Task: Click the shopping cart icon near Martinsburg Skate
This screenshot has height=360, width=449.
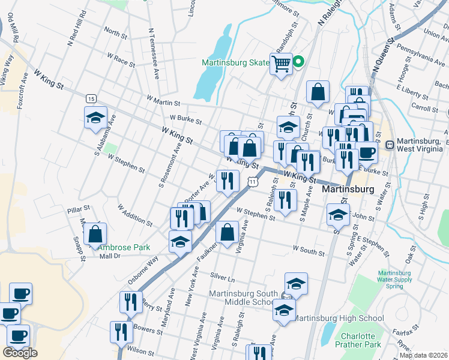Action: click(281, 63)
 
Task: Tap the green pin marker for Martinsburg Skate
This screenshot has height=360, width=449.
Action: click(298, 61)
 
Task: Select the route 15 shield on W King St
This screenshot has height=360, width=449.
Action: click(91, 98)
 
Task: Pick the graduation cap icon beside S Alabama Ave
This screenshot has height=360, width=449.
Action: click(95, 118)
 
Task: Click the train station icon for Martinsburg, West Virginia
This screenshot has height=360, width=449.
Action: click(390, 144)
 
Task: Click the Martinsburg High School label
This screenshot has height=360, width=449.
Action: click(340, 318)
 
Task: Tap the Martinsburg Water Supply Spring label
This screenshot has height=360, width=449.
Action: click(394, 280)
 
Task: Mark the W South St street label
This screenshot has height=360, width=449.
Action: click(309, 248)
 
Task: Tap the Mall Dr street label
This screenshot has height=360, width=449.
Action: click(110, 256)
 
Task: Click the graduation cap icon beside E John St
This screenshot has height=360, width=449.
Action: click(339, 215)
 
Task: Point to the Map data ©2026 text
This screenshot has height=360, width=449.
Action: click(423, 355)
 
